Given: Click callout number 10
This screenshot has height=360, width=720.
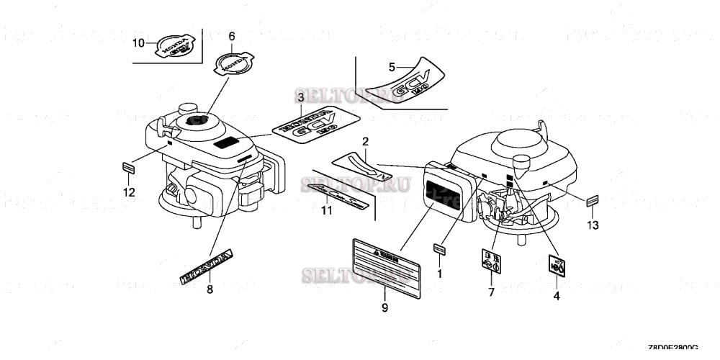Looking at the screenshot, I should click(138, 43).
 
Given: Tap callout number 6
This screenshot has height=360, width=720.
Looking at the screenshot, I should click(231, 36).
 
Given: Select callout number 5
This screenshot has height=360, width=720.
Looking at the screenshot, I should click(392, 67).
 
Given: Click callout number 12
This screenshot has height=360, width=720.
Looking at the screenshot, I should click(128, 192).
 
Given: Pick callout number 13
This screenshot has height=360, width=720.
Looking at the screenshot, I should click(592, 225).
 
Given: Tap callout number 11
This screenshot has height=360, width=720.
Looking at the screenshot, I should click(326, 211).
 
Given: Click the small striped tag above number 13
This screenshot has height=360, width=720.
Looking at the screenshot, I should click(592, 201).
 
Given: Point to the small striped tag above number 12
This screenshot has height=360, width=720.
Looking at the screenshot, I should click(128, 168).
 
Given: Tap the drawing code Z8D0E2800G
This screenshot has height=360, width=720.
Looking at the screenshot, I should click(673, 346).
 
